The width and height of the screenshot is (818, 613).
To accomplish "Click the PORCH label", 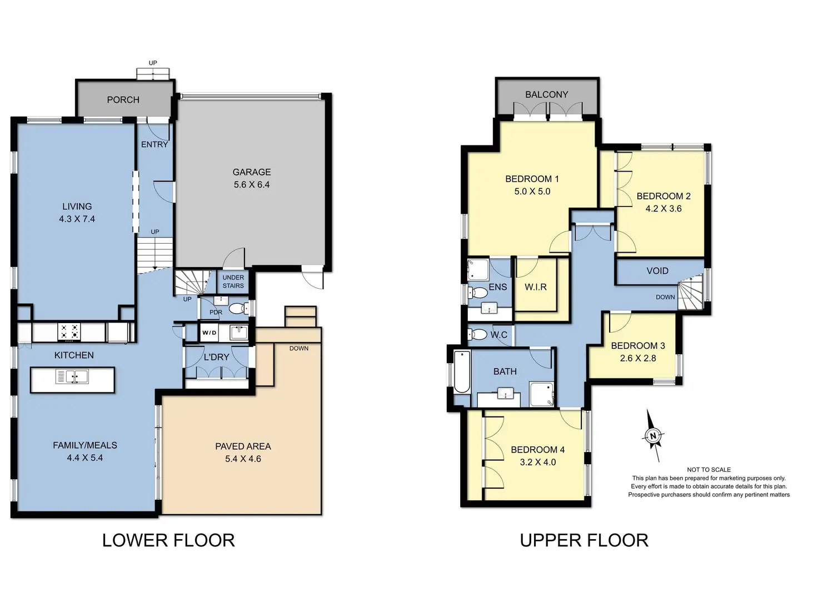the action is [x=123, y=100].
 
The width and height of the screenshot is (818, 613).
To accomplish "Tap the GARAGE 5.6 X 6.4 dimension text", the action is [x=252, y=184].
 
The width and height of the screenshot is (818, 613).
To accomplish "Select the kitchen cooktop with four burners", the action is [x=69, y=332].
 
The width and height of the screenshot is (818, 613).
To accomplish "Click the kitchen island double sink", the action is [x=72, y=376].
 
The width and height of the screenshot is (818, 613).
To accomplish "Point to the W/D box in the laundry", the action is [x=209, y=333].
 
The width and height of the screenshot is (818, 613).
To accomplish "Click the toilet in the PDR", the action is [x=238, y=308].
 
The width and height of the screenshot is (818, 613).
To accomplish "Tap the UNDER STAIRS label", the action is [x=233, y=282].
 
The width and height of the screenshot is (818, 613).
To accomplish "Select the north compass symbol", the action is [x=653, y=435].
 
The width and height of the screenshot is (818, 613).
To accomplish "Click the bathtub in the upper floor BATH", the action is [x=461, y=372].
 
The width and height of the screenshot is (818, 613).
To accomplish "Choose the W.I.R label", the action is [x=536, y=287].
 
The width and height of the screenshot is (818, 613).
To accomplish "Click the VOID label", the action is [x=657, y=270].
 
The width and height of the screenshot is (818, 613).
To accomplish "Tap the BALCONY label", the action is [x=547, y=94].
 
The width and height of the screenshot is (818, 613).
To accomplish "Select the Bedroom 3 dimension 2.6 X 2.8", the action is [x=638, y=358].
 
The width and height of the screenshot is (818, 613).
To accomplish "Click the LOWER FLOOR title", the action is [x=168, y=540].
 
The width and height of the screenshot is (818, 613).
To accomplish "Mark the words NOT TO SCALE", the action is [x=709, y=470].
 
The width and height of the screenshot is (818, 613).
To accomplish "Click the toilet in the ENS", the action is [x=477, y=293].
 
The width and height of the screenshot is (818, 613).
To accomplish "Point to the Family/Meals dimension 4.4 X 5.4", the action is [x=85, y=458].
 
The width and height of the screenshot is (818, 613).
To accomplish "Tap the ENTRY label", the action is [x=154, y=144].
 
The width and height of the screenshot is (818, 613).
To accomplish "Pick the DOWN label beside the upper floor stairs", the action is [x=665, y=297].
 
